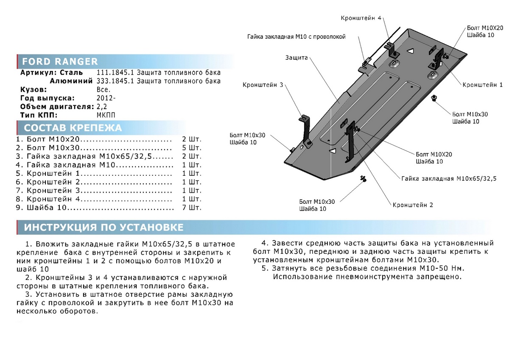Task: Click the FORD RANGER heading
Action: [59, 62]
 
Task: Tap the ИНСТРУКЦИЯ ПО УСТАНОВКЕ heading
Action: [103, 228]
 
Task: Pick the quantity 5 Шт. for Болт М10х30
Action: [192, 148]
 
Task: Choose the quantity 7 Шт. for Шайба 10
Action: [192, 208]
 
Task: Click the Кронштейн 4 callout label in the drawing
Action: [361, 18]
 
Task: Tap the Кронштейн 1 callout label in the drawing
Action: [482, 85]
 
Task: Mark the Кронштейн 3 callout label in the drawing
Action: [263, 85]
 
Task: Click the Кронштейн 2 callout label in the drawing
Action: [413, 205]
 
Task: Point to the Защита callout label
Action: [296, 58]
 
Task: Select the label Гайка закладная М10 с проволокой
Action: [296, 37]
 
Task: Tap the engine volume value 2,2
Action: [102, 106]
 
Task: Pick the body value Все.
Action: [103, 90]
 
